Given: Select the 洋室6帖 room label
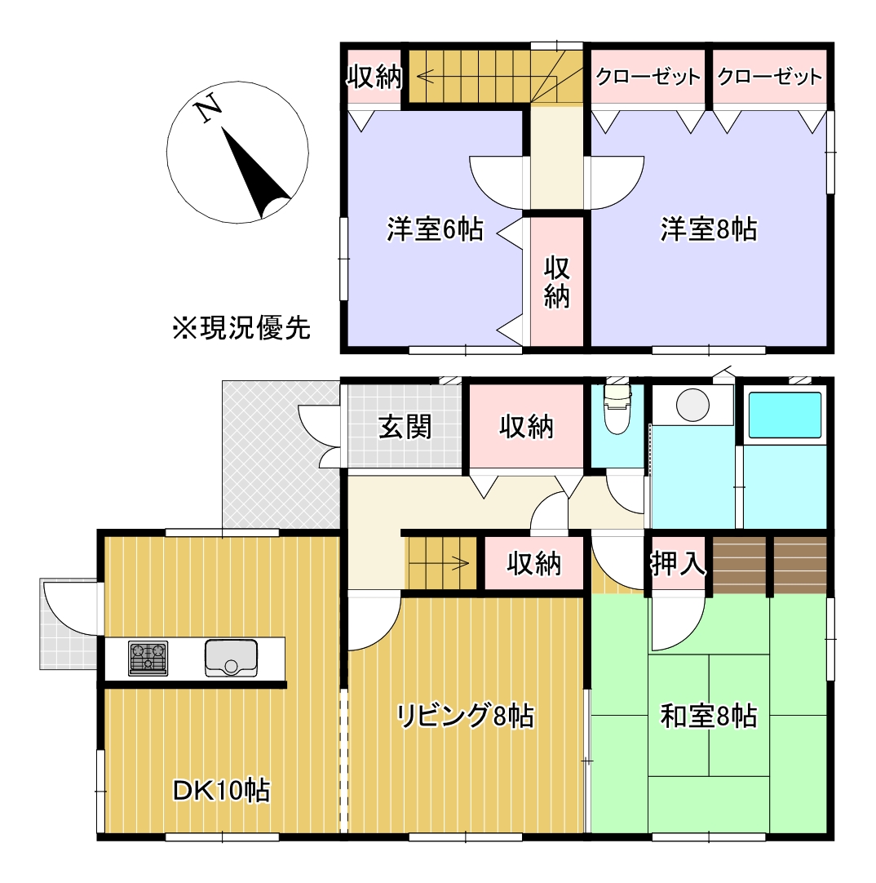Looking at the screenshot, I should tap(435, 230).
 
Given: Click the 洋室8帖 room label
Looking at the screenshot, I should tap(708, 230).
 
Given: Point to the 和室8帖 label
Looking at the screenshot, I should tap(708, 717).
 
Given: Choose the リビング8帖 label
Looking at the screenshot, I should tap(465, 716).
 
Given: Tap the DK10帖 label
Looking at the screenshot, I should tap(221, 790).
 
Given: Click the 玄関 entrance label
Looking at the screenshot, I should tap(405, 426).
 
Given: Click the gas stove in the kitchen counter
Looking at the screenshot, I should tap(148, 659).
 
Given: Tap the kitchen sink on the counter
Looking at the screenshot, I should tap(231, 659).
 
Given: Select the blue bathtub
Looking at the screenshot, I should tap(785, 415).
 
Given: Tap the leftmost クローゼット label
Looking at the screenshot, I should tap(648, 78).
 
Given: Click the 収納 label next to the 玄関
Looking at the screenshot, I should tap(526, 426).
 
